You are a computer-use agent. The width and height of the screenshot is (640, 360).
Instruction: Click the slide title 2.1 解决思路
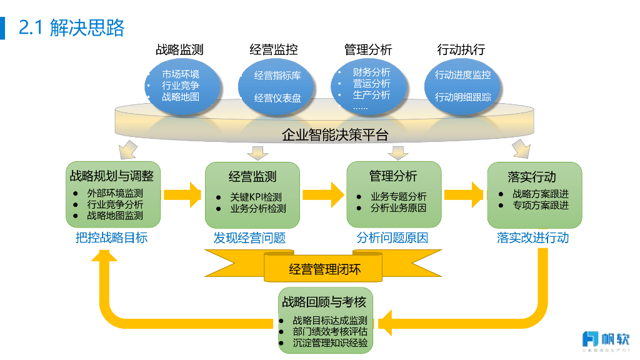(72, 27)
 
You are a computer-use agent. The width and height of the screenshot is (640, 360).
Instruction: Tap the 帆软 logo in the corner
(605, 339)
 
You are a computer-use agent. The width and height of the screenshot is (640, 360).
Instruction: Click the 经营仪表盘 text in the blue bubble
(277, 98)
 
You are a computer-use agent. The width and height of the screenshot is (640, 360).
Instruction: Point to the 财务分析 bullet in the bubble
(371, 72)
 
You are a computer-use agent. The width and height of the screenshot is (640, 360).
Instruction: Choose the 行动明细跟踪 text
(463, 97)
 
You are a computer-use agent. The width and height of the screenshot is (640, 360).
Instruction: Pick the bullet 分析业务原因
(398, 208)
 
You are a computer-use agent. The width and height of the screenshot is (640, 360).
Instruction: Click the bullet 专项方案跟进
(541, 205)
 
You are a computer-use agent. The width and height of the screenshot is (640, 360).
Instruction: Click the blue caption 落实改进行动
(532, 238)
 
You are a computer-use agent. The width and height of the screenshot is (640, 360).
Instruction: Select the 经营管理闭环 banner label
(325, 270)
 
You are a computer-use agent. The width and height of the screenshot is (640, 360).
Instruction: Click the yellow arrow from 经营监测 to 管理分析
(324, 194)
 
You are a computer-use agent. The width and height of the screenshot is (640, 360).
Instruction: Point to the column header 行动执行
(461, 49)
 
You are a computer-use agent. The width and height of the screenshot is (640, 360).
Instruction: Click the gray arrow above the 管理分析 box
(397, 152)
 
